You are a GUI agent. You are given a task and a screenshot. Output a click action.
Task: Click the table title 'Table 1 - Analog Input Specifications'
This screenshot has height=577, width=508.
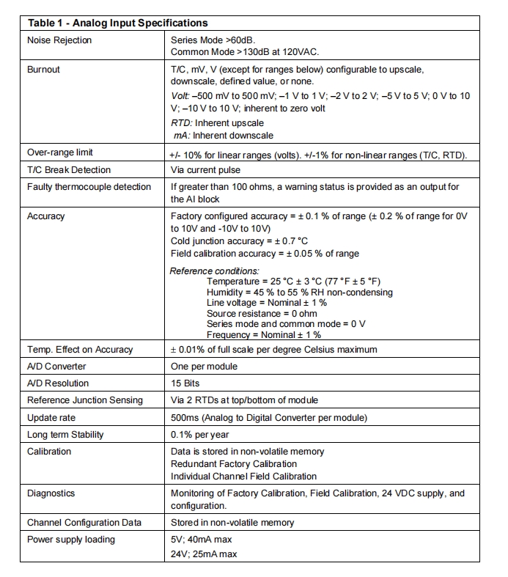(117, 23)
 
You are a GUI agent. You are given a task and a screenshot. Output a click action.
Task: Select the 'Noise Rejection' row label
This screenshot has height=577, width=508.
(59, 40)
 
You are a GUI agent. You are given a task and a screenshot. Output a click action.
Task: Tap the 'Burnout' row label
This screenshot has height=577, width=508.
(43, 70)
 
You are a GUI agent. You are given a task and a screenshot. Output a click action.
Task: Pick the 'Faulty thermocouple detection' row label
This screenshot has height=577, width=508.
(89, 187)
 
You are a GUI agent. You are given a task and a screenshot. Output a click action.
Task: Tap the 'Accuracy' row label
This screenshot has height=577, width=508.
(45, 216)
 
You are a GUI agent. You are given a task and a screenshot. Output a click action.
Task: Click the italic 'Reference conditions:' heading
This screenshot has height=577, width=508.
(214, 271)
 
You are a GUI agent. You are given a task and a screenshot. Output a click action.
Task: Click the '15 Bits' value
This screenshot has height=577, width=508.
(185, 383)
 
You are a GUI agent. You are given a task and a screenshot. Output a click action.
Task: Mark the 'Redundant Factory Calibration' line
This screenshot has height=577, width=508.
(234, 463)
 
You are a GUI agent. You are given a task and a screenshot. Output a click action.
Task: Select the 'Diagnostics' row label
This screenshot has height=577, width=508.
(51, 493)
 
